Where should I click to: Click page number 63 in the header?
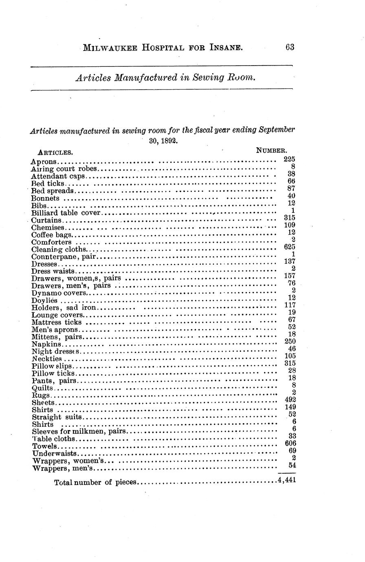[290, 47]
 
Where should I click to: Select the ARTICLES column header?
[55, 152]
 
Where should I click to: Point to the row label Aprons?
[43, 162]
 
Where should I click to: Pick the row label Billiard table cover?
[66, 213]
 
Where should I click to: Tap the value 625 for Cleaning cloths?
[289, 247]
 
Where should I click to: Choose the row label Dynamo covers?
[59, 293]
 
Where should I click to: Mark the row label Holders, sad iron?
[64, 307]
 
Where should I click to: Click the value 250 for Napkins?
[290, 341]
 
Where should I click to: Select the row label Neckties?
[46, 359]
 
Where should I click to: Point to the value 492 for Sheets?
[290, 400]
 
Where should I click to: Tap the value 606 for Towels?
[290, 443]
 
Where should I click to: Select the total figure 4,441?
[286, 480]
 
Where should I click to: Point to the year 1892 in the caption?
[168, 141]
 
